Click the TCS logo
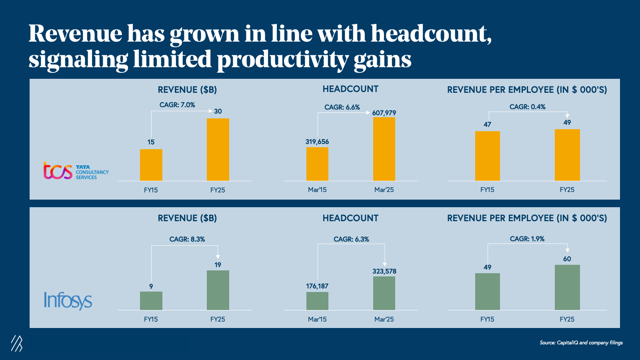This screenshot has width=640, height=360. [x=76, y=171]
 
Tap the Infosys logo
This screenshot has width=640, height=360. [x=68, y=300]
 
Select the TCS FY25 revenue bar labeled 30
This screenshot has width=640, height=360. [x=218, y=150]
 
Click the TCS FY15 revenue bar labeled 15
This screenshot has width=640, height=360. [x=151, y=165]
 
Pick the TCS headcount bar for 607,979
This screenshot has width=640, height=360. [x=384, y=149]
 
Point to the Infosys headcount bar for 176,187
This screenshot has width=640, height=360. [x=317, y=301]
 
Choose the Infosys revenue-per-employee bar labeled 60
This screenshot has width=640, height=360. [x=567, y=287]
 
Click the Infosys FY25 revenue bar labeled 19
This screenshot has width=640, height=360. [x=218, y=290]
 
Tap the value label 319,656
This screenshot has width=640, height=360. [x=317, y=142]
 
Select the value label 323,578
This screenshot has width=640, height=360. [x=384, y=271]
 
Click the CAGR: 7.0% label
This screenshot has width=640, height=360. [x=177, y=105]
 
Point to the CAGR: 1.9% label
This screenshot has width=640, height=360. [x=527, y=239]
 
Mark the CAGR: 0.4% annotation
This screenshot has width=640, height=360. [x=527, y=107]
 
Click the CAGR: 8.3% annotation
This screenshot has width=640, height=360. [x=187, y=239]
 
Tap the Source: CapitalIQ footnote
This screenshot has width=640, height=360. [x=581, y=342]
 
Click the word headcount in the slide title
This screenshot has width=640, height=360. [x=430, y=34]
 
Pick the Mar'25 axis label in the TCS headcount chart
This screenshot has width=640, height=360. [x=384, y=190]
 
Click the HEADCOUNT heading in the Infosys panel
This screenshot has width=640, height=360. [x=350, y=218]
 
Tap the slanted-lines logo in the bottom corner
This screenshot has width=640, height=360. [x=17, y=343]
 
